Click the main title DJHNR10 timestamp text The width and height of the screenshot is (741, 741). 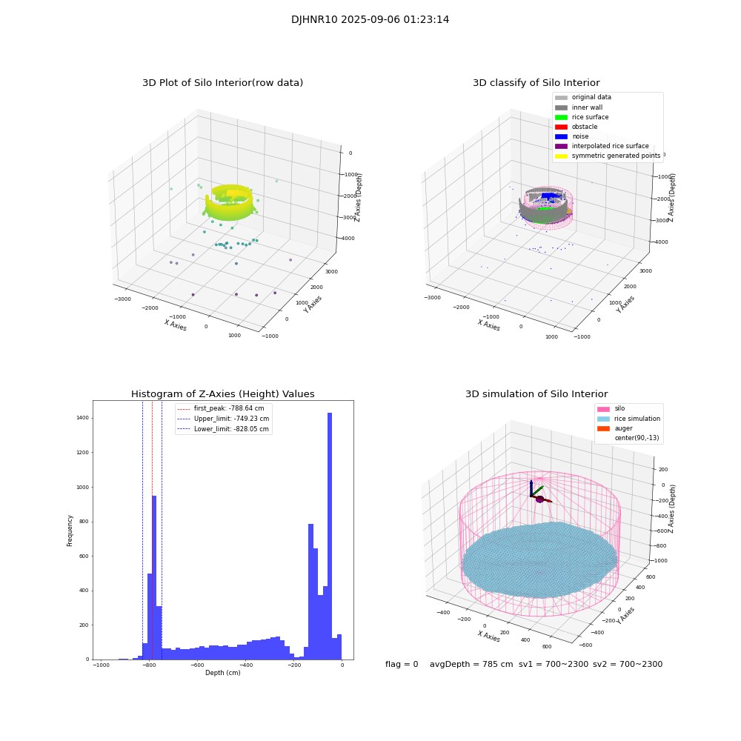tap(370, 20)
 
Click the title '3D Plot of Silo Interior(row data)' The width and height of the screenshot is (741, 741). tap(222, 83)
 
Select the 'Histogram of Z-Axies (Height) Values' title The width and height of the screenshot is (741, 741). tap(222, 394)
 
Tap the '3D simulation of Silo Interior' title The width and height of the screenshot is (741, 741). tap(536, 394)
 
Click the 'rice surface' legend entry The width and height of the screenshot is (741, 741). tap(590, 117)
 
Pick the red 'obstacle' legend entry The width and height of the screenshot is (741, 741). tap(584, 127)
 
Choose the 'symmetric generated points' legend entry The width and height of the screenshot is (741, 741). tap(615, 156)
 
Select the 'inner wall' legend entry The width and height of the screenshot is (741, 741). tap(587, 107)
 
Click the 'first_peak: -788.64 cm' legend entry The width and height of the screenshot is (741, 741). tap(228, 408)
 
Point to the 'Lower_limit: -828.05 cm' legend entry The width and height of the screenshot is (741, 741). tap(230, 428)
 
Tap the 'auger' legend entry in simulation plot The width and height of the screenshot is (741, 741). tap(622, 428)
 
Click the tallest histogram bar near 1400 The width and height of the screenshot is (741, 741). tap(330, 534)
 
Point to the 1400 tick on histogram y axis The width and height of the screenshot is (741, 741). tap(82, 418)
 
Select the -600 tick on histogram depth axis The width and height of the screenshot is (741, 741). tap(197, 665)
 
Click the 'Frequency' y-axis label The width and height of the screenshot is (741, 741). tap(70, 530)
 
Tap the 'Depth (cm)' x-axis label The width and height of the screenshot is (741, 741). tap(222, 673)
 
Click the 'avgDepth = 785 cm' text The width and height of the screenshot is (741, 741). tap(471, 665)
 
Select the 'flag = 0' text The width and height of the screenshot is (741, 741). tap(402, 665)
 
